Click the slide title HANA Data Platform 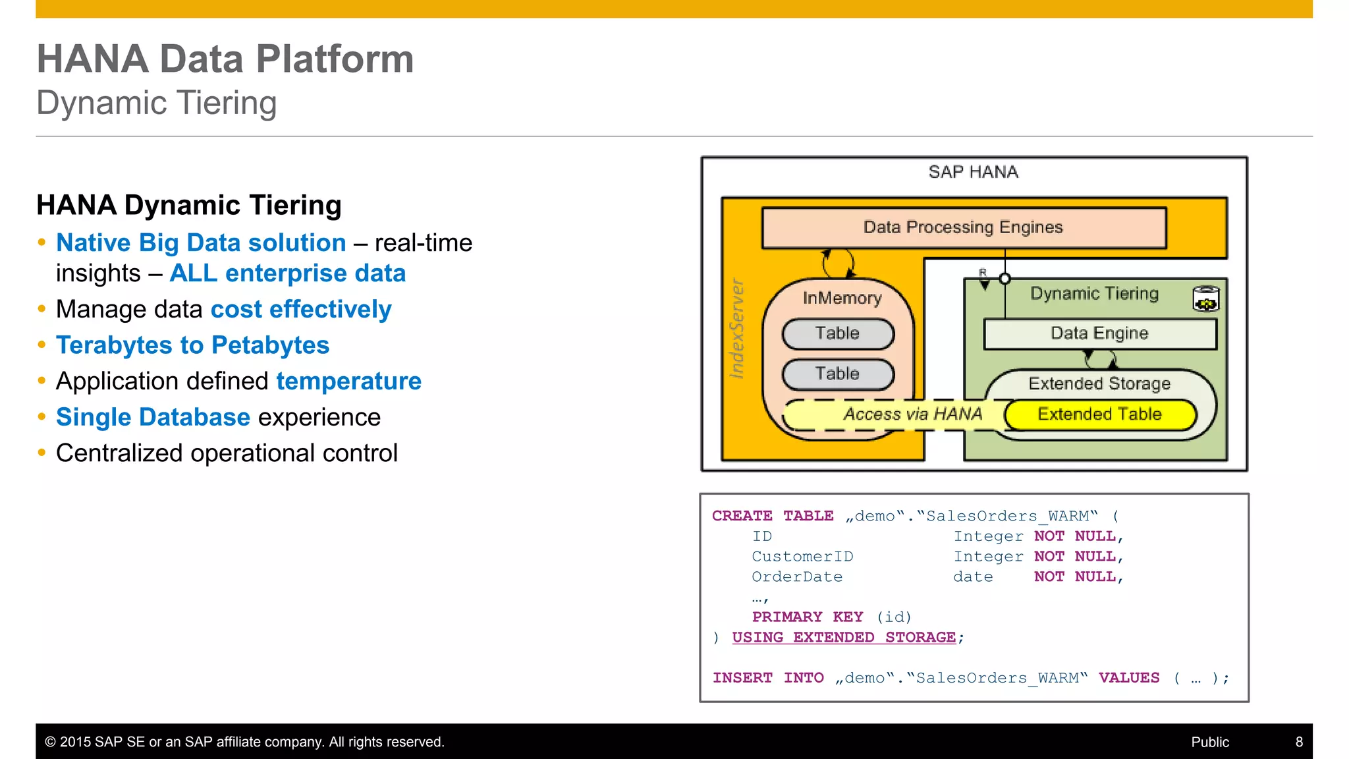tap(225, 59)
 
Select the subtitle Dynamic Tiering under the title tap(156, 103)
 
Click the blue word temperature tap(348, 381)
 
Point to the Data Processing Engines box tap(963, 227)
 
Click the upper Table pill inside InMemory tap(837, 333)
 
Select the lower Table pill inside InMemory tap(837, 374)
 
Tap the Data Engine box tap(1099, 333)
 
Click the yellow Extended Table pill tap(1099, 414)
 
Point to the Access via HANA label tap(912, 414)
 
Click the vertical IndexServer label tap(737, 328)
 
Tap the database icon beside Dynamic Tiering tap(1205, 298)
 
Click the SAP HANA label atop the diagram tap(973, 172)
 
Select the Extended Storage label tap(1099, 383)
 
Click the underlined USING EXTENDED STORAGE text tap(843, 637)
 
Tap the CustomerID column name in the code tap(802, 557)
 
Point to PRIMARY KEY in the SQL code tap(807, 617)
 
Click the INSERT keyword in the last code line tap(742, 678)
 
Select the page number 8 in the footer tap(1299, 742)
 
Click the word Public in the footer tap(1209, 742)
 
